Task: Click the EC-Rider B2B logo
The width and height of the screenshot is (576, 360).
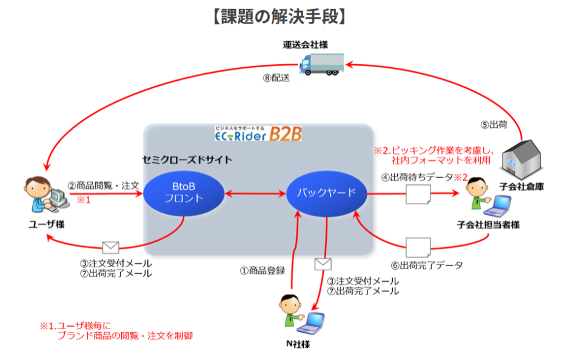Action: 258,133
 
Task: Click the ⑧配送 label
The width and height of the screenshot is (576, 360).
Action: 276,78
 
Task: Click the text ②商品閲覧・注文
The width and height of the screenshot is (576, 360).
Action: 102,184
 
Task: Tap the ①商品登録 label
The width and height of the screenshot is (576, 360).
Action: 262,270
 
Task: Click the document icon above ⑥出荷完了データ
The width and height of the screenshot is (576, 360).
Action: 418,247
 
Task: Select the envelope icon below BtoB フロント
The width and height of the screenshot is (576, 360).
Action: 110,247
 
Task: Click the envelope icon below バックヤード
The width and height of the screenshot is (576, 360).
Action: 323,264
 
